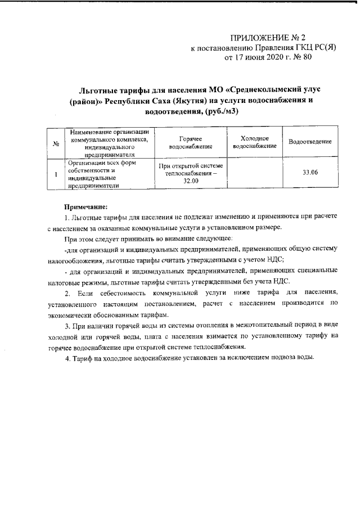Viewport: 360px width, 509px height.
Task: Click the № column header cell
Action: [x=56, y=143]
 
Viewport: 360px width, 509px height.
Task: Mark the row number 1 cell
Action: [x=56, y=173]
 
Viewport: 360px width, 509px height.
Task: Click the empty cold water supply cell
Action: [x=254, y=173]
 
